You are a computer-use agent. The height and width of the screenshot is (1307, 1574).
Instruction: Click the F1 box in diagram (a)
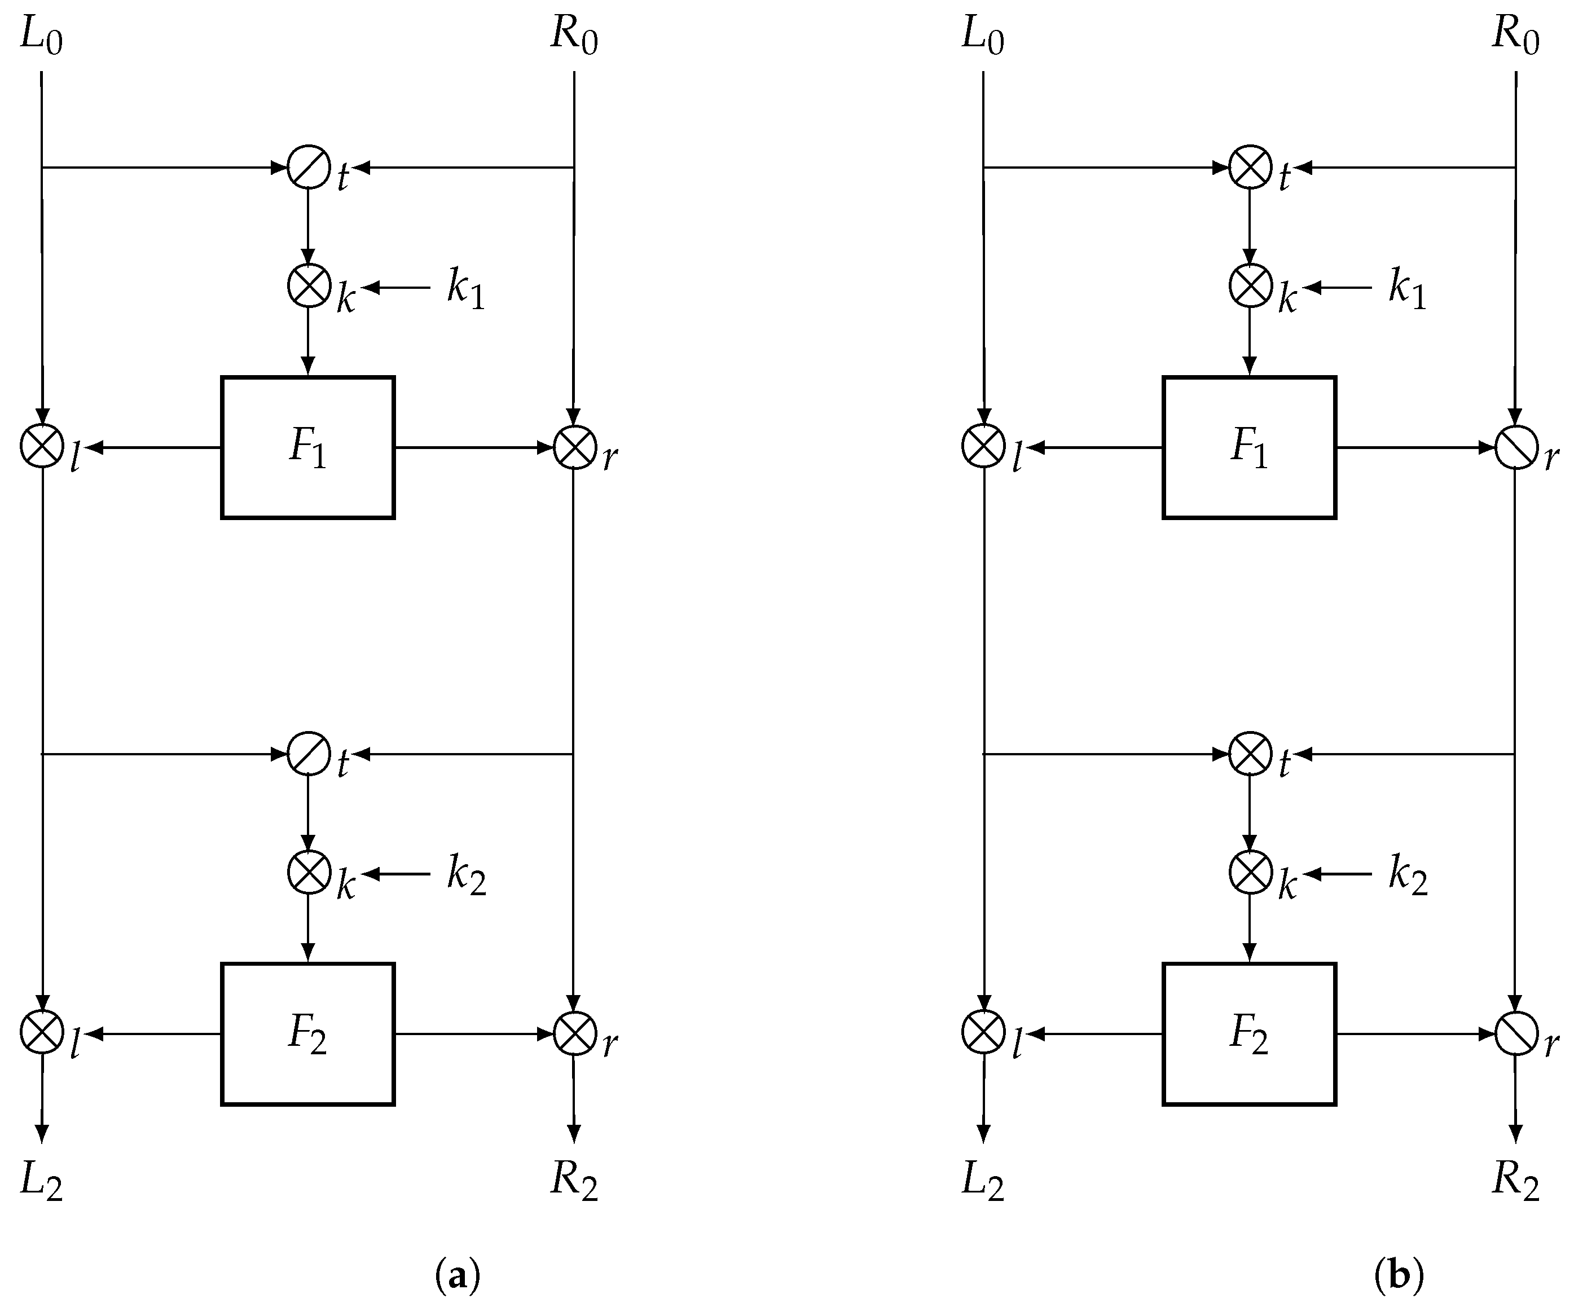[x=307, y=447]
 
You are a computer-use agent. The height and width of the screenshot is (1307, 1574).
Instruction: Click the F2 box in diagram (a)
[x=307, y=1034]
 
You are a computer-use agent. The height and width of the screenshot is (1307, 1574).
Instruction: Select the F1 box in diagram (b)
[x=1248, y=447]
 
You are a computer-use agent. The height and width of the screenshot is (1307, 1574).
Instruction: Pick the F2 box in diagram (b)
[x=1248, y=1034]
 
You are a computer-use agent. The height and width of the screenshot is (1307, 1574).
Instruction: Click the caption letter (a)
[x=457, y=1274]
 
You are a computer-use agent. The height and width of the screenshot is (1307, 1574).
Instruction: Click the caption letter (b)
[x=1399, y=1274]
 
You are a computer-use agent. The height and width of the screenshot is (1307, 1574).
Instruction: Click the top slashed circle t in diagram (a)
[x=309, y=168]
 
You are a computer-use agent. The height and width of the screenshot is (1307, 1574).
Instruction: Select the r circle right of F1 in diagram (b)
[x=1515, y=447]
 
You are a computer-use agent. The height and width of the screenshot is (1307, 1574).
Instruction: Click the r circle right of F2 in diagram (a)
[x=574, y=1033]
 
